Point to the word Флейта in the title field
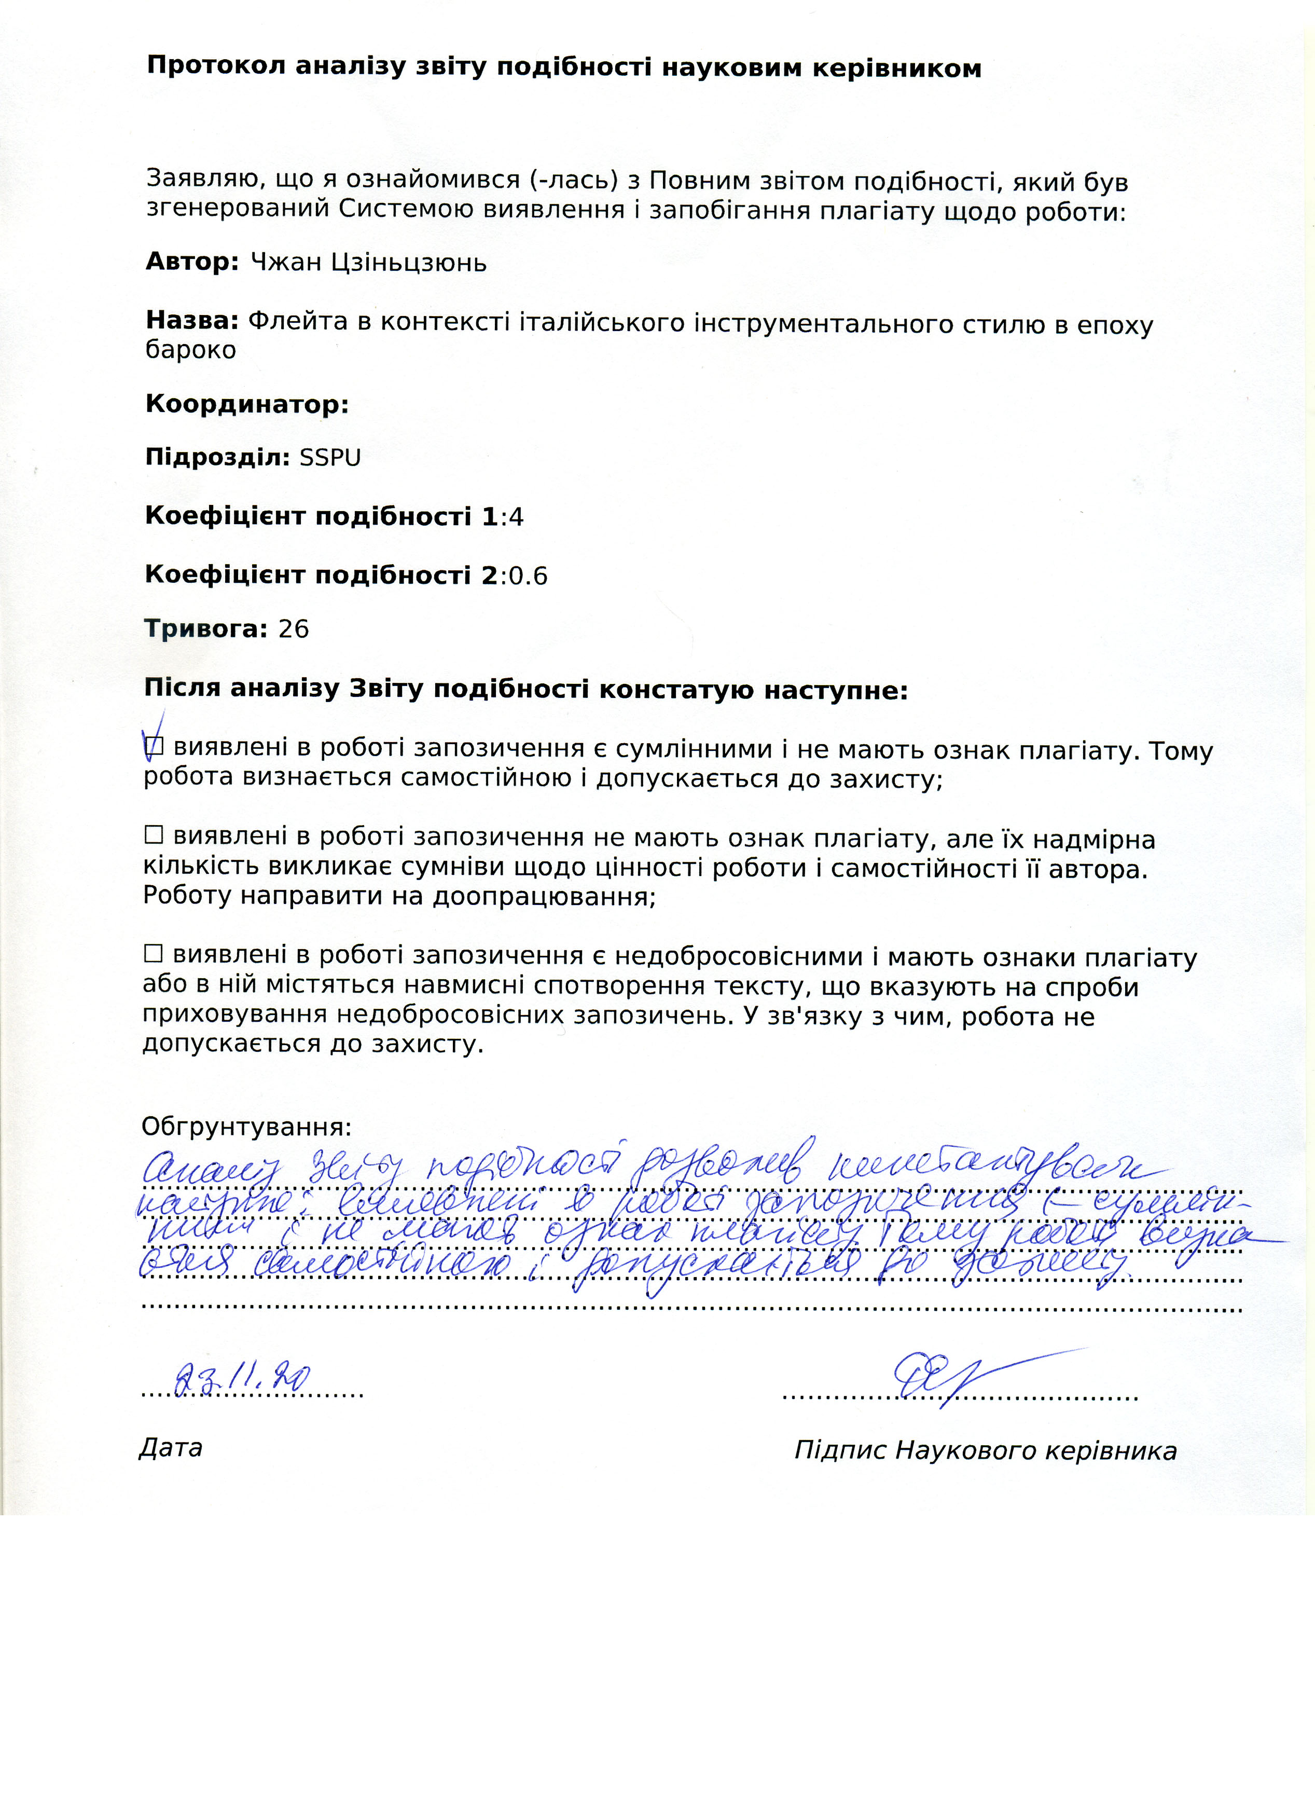(298, 322)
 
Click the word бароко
(191, 350)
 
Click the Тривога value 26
(293, 629)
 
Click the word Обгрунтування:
(246, 1127)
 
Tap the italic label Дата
(171, 1448)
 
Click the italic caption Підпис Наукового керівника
(986, 1450)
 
